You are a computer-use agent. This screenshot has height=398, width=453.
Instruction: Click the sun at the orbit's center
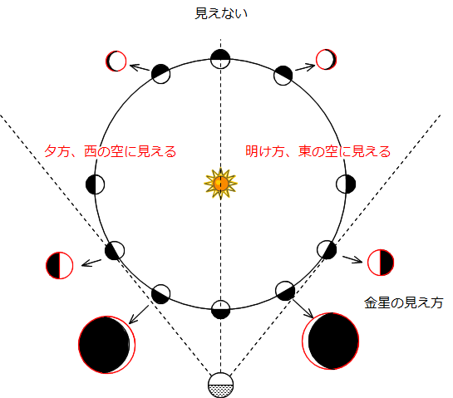pyautogui.click(x=221, y=184)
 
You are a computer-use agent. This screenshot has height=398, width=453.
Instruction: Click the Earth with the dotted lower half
pyautogui.click(x=221, y=386)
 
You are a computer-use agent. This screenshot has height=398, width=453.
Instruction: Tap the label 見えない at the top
pyautogui.click(x=221, y=13)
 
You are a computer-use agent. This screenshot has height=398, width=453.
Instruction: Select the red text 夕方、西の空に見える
pyautogui.click(x=110, y=151)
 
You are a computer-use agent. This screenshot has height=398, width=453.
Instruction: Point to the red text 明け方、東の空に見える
pyautogui.click(x=318, y=151)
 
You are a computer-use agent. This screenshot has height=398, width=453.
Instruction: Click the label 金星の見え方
pyautogui.click(x=404, y=302)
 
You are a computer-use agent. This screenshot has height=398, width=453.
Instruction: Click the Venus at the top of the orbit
pyautogui.click(x=220, y=59)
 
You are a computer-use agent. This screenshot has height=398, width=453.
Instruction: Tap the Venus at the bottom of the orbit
pyautogui.click(x=221, y=310)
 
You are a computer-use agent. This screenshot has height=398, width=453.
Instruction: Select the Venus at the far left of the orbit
pyautogui.click(x=96, y=184)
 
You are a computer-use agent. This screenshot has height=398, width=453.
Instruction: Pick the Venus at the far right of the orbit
pyautogui.click(x=346, y=184)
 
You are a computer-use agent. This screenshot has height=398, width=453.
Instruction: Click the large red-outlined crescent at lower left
pyautogui.click(x=107, y=345)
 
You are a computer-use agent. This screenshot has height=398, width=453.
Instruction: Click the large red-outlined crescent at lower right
pyautogui.click(x=331, y=341)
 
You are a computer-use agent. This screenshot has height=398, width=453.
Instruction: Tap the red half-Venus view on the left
pyautogui.click(x=60, y=265)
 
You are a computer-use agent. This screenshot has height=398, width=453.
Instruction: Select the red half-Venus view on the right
pyautogui.click(x=381, y=263)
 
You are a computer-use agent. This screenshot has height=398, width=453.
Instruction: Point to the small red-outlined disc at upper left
pyautogui.click(x=116, y=61)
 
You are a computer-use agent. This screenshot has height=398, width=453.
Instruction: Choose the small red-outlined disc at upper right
pyautogui.click(x=326, y=60)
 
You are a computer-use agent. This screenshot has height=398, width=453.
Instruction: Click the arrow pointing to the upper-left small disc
pyautogui.click(x=140, y=68)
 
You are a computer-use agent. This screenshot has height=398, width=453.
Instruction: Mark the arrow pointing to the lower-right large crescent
pyautogui.click(x=303, y=308)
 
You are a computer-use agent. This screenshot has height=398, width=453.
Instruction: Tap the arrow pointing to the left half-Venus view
pyautogui.click(x=91, y=263)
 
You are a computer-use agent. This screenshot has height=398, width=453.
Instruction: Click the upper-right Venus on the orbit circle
pyautogui.click(x=283, y=76)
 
